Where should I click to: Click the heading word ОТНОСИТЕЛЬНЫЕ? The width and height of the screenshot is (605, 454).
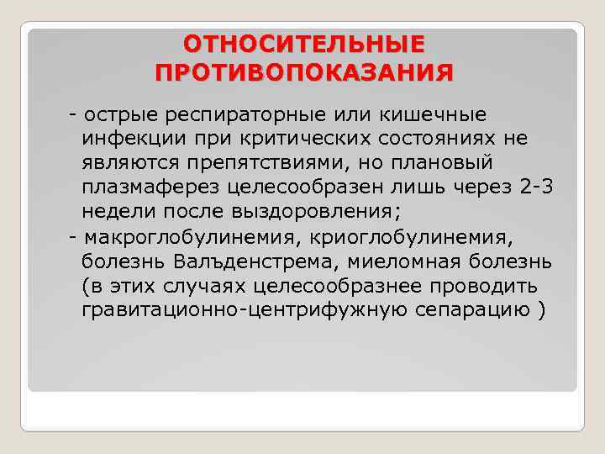(x=303, y=44)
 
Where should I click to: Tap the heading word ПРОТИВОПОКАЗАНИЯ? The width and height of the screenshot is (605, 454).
(x=303, y=71)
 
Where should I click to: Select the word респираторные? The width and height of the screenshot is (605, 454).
(x=238, y=114)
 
